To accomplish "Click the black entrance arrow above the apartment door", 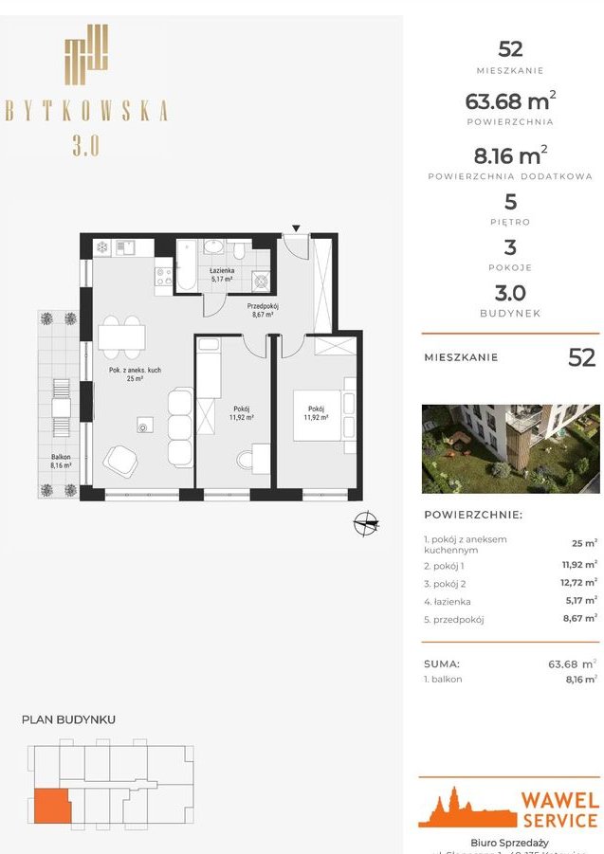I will pos(297,228).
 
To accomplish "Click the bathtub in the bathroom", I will pos(187,266).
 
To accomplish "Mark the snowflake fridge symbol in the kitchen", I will pos(101,248).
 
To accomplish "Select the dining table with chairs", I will pos(122,336).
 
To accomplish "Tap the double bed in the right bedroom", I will pos(322,414).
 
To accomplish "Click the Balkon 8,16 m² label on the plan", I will pos(61,461).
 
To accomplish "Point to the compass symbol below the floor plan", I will pos(365,522).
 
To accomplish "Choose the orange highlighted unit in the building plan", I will pos(49,806).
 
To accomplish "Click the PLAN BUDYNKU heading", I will pos(68,719).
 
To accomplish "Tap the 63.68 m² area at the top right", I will pos(510,100).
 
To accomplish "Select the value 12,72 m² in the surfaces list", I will pos(578,582).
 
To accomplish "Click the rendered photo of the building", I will pos(510,446).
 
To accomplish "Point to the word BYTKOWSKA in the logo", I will pos(85,110).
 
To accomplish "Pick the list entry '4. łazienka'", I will pos(448,601).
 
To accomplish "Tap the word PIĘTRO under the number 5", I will pos(510,222).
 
